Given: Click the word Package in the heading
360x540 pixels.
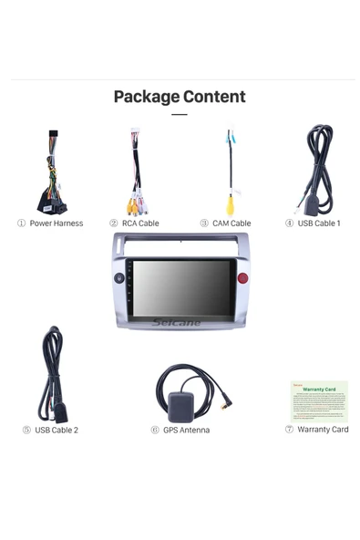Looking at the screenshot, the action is point(146,97).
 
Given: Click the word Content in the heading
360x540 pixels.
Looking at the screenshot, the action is point(214,97).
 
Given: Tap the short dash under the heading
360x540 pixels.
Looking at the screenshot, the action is point(180,115).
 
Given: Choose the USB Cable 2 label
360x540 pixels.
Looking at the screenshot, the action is point(57,430).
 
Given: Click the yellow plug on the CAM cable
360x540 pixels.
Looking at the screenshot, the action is point(231,205).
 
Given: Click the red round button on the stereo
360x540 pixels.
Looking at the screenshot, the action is point(242,278).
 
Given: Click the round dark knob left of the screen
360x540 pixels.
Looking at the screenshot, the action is point(119,277).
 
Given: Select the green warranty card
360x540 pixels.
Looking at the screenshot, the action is point(319,400).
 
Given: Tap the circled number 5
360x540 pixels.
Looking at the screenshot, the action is point(26,430).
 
